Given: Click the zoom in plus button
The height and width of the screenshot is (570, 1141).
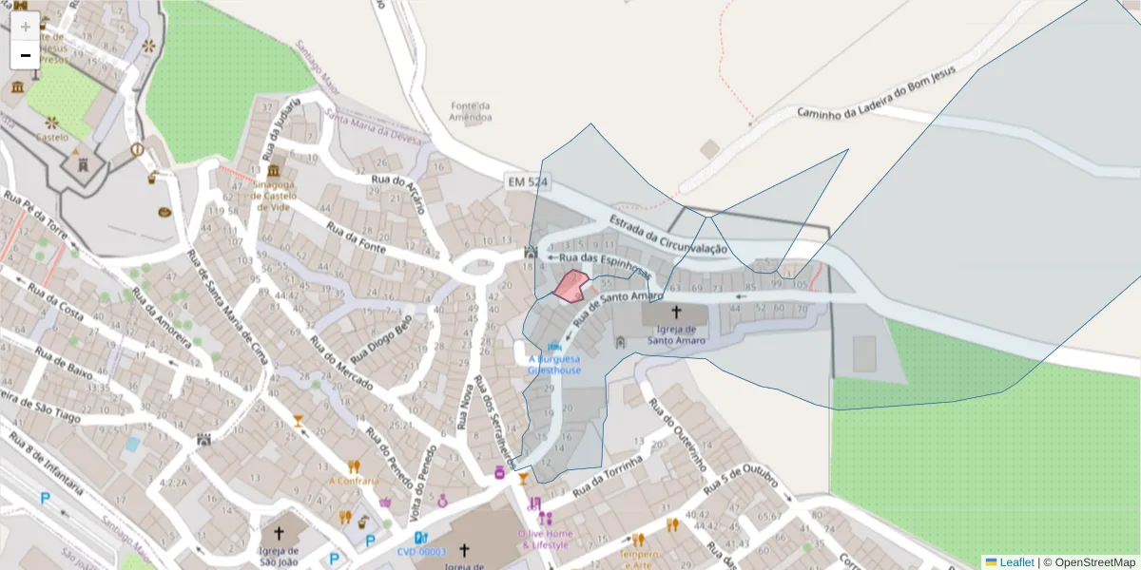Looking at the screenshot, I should click(x=26, y=27).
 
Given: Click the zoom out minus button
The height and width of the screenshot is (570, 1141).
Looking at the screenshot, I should click(x=26, y=55).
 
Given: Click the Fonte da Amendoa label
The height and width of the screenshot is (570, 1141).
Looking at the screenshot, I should click(x=472, y=112).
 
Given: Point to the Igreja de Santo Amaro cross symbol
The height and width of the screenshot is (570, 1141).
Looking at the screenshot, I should click(x=676, y=312).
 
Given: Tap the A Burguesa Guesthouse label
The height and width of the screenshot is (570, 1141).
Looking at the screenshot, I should click(x=554, y=365).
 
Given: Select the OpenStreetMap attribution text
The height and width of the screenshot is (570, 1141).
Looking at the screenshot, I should click(x=1089, y=562).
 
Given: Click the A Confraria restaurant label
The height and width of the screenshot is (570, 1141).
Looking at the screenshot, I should click(x=354, y=481).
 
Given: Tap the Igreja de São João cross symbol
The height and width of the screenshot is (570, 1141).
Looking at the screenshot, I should click(x=279, y=533).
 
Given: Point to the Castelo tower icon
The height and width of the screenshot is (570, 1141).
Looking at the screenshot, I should click(x=84, y=163).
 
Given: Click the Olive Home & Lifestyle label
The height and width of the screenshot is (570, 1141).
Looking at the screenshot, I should click(x=545, y=539).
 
